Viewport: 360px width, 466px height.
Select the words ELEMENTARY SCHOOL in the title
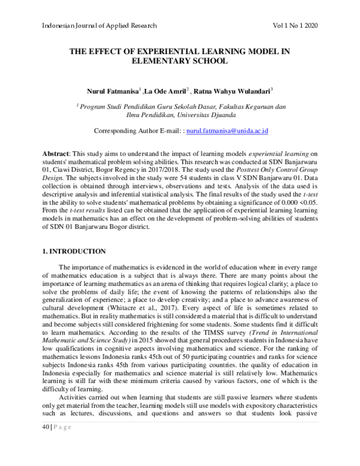pos(181,61)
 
